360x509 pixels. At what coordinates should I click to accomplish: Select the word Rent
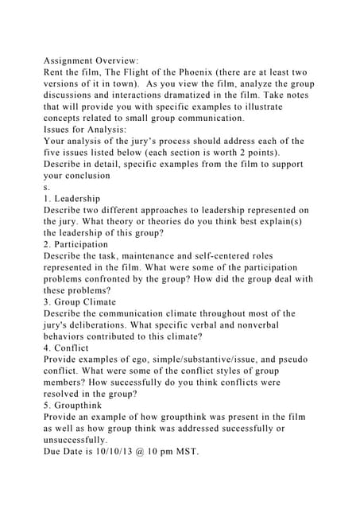[56, 72]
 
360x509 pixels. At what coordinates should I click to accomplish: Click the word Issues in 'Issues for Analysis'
[58, 129]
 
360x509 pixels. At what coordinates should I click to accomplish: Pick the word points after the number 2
[263, 152]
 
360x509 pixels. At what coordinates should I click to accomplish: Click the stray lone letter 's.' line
[47, 186]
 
